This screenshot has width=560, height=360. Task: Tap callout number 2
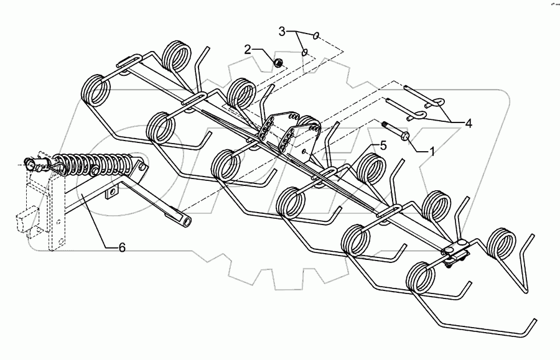pyautogui.click(x=248, y=49)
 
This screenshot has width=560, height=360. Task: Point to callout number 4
pyautogui.click(x=467, y=123)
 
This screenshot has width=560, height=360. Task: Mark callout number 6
pyautogui.click(x=121, y=247)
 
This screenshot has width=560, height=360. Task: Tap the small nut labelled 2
pyautogui.click(x=279, y=62)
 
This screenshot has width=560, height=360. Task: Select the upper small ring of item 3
pyautogui.click(x=318, y=35)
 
